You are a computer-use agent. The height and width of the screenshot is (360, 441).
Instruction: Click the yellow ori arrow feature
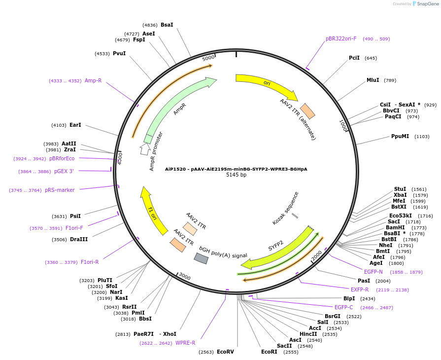[x=266, y=84]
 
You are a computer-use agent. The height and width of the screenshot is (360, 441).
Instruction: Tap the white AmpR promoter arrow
[x=145, y=148]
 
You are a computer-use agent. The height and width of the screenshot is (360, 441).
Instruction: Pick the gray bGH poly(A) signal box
[x=201, y=258]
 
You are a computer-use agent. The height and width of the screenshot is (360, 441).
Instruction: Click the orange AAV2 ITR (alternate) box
[x=307, y=111]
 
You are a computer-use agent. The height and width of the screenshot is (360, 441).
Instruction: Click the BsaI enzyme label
[x=167, y=25]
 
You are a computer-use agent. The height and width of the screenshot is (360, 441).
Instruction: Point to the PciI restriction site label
[x=354, y=58]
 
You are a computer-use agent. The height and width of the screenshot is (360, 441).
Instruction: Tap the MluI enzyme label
[x=373, y=80]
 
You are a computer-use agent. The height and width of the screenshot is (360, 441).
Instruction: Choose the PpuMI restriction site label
[x=400, y=137]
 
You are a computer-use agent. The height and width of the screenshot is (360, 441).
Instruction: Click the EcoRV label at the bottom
[x=225, y=352]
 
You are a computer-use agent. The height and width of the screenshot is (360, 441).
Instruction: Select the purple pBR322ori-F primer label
[x=341, y=38]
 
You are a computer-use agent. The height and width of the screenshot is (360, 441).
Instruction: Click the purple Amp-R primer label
[x=93, y=80]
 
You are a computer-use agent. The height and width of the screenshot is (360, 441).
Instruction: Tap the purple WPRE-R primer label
[x=185, y=343]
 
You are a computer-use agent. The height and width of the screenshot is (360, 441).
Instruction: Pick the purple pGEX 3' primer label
[x=64, y=171]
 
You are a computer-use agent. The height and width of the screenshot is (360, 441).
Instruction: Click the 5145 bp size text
[x=236, y=175]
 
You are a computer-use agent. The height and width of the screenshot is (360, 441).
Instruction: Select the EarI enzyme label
[x=75, y=125]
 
